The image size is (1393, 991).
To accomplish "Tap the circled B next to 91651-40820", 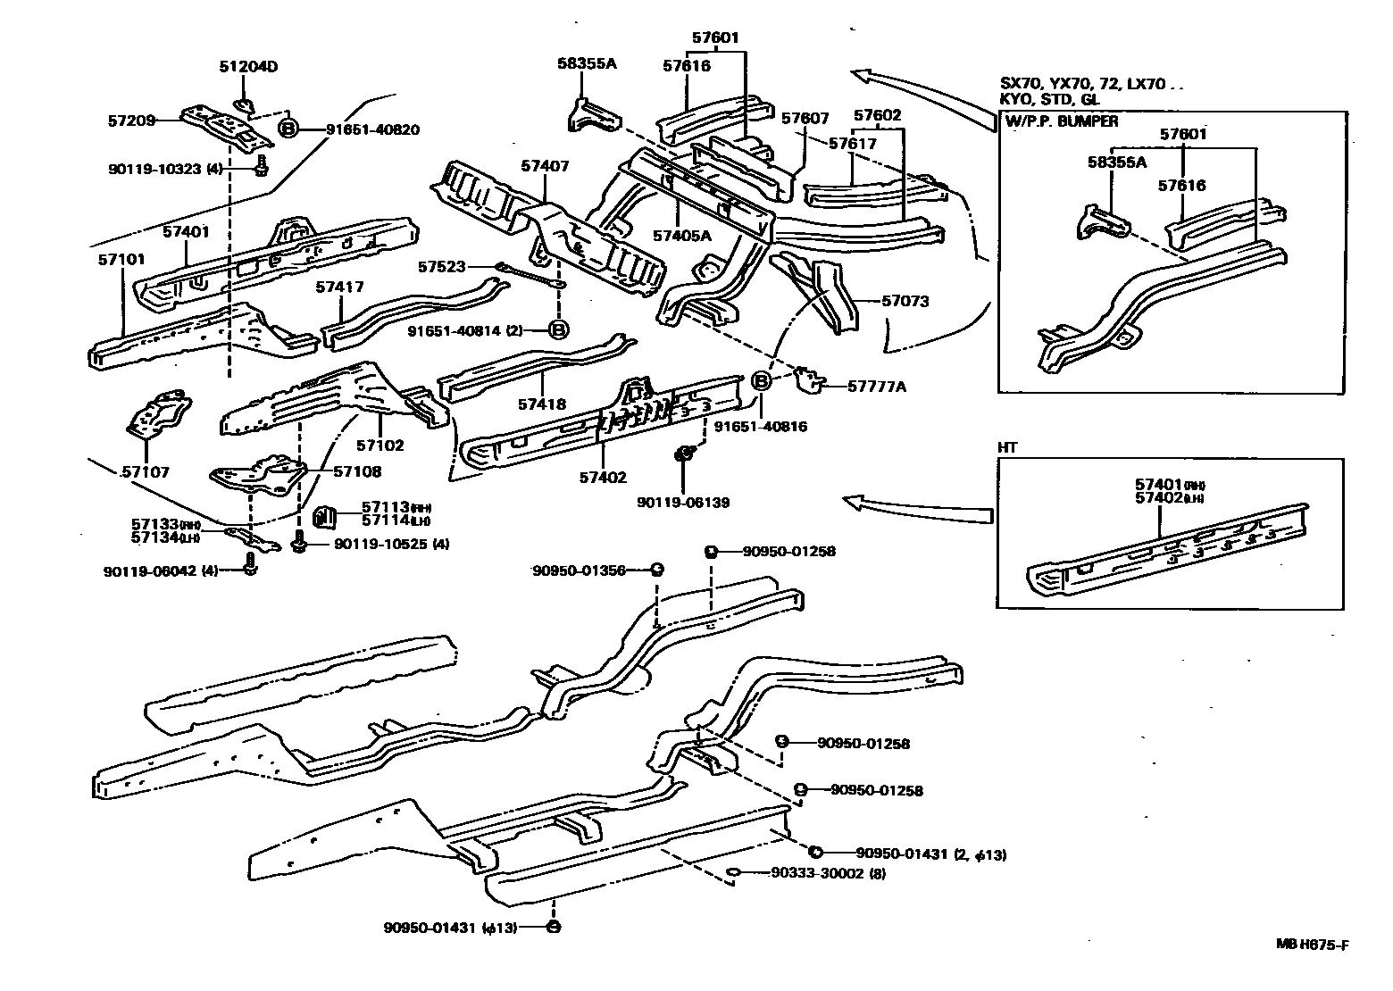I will point(288,129).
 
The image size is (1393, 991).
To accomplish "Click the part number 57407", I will point(545,166).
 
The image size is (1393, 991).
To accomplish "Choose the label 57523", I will point(442,266).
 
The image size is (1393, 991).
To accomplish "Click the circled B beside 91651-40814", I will point(558,330).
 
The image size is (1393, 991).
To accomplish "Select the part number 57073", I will point(905,302).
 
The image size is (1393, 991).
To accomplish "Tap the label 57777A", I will point(877,386).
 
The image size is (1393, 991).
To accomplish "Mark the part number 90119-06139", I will point(683,503).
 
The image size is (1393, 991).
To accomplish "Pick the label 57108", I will point(357,471).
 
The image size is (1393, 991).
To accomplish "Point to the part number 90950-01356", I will point(578,570).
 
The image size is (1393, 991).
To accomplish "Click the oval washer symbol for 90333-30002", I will point(734,873).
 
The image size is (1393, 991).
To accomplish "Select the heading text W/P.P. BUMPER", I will point(1061,121).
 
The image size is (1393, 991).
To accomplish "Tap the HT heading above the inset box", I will point(1007,448).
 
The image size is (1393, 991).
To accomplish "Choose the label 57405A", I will point(681,236).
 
